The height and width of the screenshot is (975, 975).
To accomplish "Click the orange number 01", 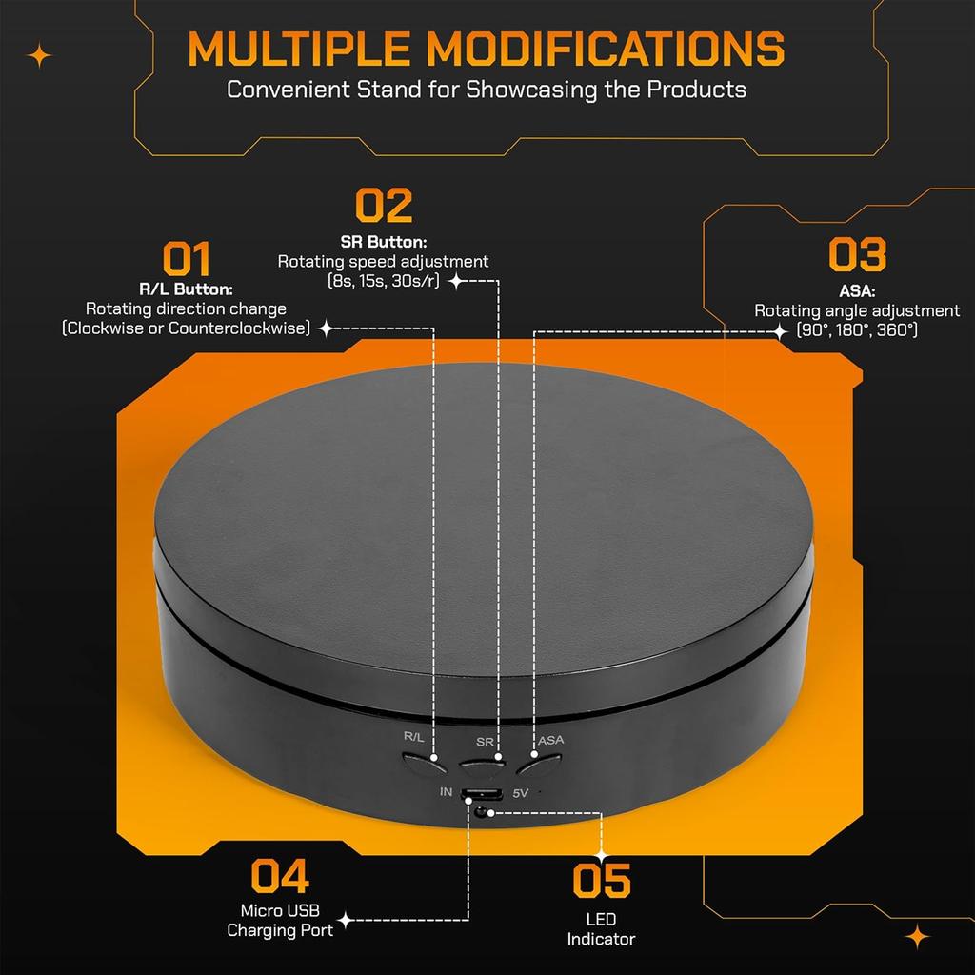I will pos(186,258).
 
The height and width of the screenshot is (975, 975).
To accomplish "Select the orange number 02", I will pos(384,206).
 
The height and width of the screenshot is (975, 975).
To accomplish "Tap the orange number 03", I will pos(857,255).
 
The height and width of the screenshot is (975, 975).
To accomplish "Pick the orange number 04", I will pos(280,876).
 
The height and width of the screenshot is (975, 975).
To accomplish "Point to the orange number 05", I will pos(602,881).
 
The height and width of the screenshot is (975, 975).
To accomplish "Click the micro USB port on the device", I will pos(482,795).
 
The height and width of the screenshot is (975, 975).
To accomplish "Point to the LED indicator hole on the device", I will pos(488,812).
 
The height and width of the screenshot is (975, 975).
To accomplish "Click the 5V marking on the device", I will pos(521,792).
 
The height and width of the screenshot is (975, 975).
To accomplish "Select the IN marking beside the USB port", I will pos(446,792).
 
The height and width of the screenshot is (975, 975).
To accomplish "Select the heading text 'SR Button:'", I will pos(384,242).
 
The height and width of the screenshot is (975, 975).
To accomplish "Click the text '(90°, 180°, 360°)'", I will pos(857,329).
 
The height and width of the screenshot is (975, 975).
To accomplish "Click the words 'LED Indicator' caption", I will pos(601,929).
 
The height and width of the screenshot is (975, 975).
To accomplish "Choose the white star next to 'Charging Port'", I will pos(347,921).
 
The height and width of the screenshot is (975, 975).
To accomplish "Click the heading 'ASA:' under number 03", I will pos(857,291).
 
